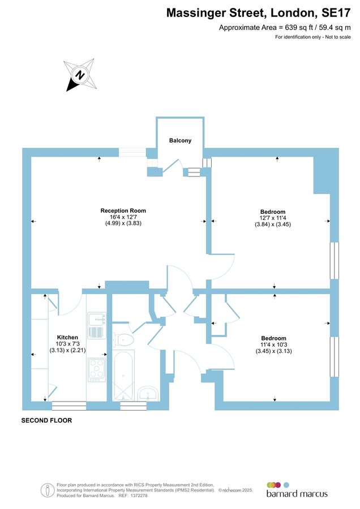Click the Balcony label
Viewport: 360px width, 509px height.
pyautogui.click(x=180, y=140)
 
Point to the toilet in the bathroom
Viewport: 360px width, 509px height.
pyautogui.click(x=123, y=339)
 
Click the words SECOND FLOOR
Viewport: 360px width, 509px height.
pyautogui.click(x=46, y=421)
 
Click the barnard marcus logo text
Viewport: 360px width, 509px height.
pyautogui.click(x=297, y=494)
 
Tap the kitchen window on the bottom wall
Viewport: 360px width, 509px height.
pyautogui.click(x=69, y=405)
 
